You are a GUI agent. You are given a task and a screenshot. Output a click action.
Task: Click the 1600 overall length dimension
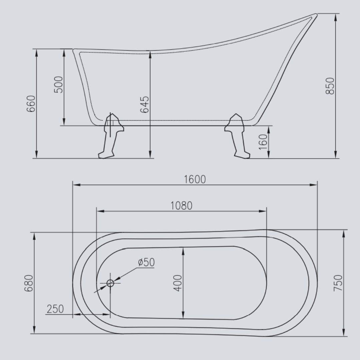pyautogui.click(x=195, y=179)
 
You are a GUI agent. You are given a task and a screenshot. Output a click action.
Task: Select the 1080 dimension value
pyautogui.click(x=181, y=206)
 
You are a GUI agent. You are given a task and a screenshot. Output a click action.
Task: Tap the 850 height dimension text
pyautogui.click(x=330, y=86)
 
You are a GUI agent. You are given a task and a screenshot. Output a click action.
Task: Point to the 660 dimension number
pyautogui.click(x=31, y=104)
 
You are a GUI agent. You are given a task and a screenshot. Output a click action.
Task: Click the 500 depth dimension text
pyautogui.click(x=58, y=84)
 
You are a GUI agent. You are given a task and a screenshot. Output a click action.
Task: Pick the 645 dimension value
pyautogui.click(x=145, y=104)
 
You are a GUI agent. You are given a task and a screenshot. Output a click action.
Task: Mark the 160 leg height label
pyautogui.click(x=263, y=142)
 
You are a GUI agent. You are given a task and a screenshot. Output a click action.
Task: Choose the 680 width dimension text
pyautogui.click(x=29, y=283)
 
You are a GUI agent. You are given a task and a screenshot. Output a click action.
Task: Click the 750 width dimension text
pyautogui.click(x=338, y=283)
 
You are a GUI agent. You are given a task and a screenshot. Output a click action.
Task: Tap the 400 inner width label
pyautogui.click(x=178, y=283)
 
